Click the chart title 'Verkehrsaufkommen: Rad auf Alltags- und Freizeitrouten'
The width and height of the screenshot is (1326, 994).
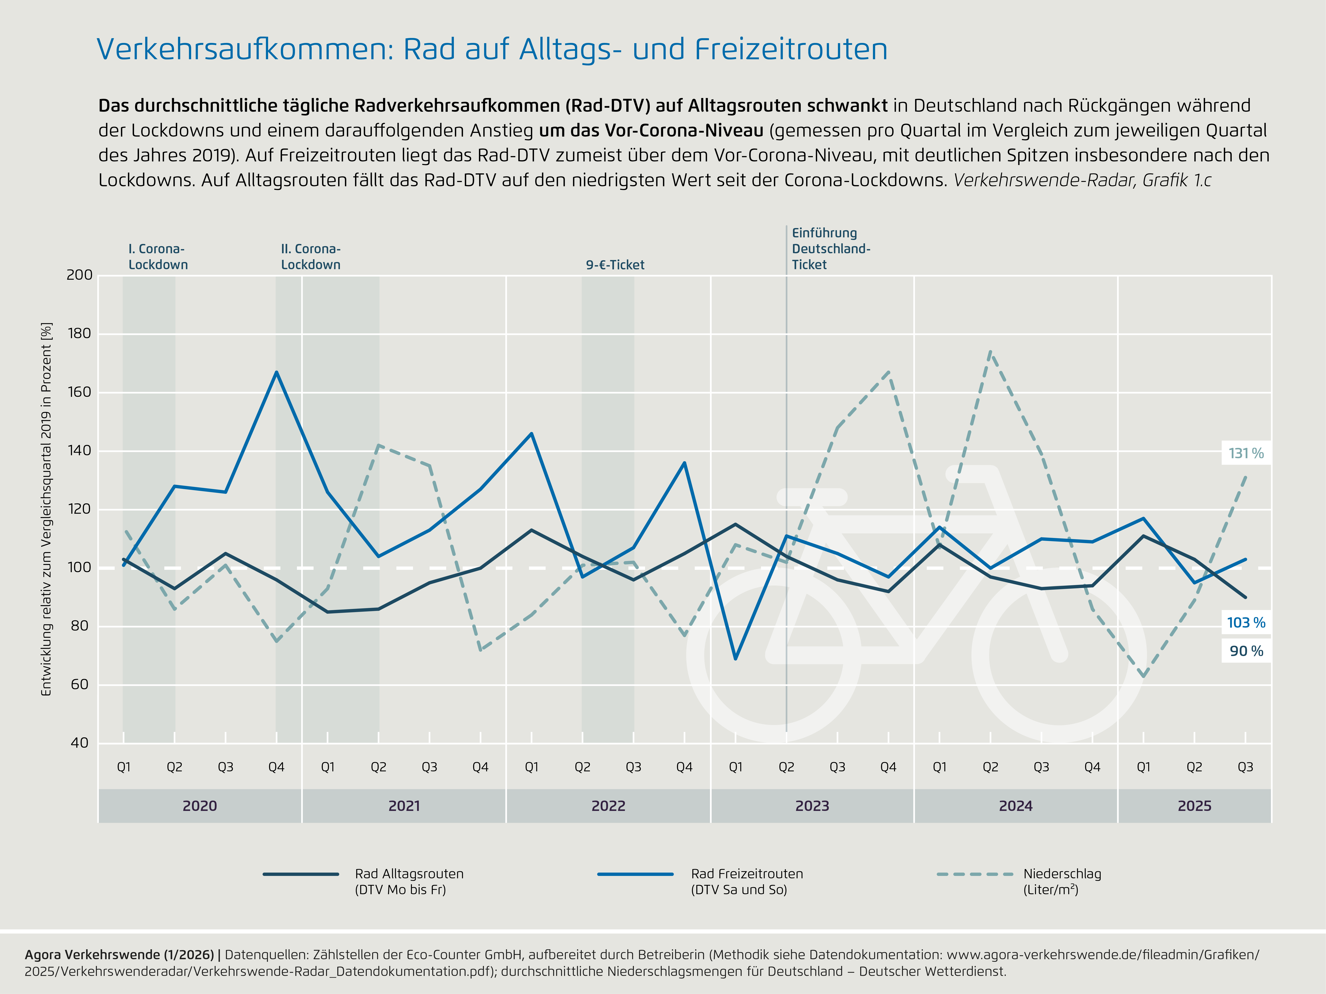[x=491, y=49]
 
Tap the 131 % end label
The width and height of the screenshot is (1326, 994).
[x=1246, y=453]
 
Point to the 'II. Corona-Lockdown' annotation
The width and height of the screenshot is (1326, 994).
[x=310, y=256]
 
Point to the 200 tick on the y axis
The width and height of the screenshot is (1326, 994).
[x=79, y=275]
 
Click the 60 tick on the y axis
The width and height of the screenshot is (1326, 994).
[x=79, y=684]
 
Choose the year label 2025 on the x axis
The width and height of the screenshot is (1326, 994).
[x=1194, y=806]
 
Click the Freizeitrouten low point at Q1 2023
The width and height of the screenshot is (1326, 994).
[x=735, y=658]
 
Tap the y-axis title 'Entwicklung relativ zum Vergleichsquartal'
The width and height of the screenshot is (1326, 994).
[x=46, y=509]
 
